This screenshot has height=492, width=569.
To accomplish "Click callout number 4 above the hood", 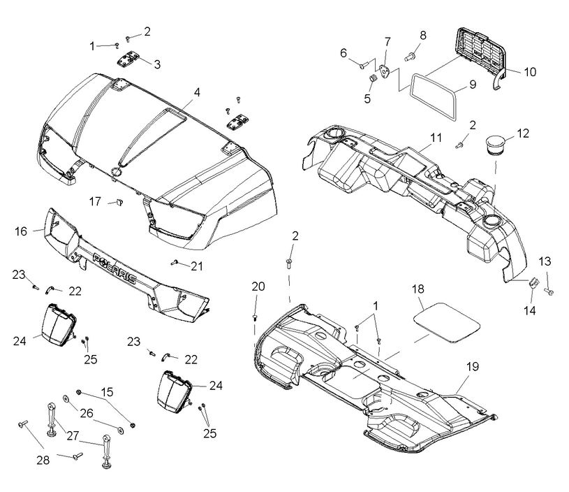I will pyautogui.click(x=198, y=92).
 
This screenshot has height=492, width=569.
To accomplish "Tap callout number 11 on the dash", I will pyautogui.click(x=417, y=137).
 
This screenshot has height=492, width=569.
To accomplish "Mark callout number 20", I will pyautogui.click(x=258, y=286).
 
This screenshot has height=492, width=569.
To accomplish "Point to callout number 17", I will pyautogui.click(x=96, y=201).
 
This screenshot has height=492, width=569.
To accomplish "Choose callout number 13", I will pyautogui.click(x=545, y=261).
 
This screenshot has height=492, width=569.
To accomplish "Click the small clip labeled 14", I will pyautogui.click(x=530, y=283).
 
